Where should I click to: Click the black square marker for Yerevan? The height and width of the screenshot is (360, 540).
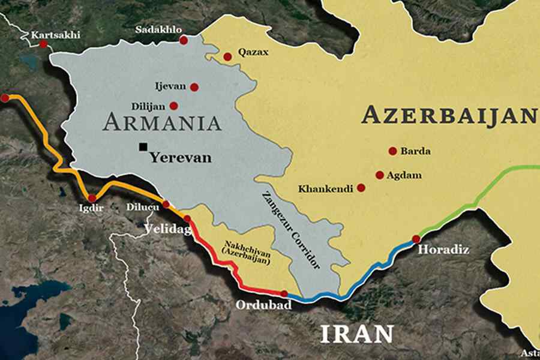coord(143,146)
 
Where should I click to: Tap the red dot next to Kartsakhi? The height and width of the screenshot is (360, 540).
coord(43,44)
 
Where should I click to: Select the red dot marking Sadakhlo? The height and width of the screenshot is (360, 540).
coord(184,40)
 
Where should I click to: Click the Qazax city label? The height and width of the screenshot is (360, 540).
coord(253,53)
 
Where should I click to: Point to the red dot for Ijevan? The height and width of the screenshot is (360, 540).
coord(194,87)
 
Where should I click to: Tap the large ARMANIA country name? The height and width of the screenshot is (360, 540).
coord(163,123)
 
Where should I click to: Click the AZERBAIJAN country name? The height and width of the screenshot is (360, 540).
coord(448,115)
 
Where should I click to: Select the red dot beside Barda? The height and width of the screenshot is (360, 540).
coord(392,151)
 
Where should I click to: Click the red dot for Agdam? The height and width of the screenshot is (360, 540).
coord(379,175)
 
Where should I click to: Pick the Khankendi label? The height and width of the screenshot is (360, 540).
coord(326,188)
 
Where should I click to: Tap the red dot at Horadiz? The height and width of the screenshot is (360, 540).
coord(416,239)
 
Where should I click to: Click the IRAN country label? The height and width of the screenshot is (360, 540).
coord(356,334)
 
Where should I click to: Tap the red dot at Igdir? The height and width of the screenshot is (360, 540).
coord(91,198)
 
